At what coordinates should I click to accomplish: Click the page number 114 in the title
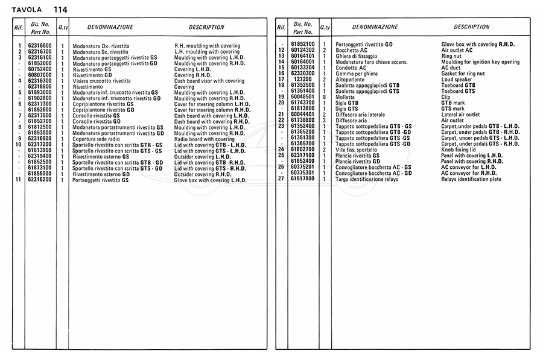(x=60, y=10)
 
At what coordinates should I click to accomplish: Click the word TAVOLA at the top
(x=27, y=10)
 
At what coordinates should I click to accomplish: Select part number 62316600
(x=40, y=46)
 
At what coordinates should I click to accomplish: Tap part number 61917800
(x=303, y=179)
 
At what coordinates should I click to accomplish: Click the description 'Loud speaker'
(x=456, y=80)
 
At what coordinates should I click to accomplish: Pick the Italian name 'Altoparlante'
(x=350, y=80)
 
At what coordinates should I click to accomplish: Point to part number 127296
(x=303, y=79)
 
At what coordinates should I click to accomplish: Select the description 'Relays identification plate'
(x=471, y=179)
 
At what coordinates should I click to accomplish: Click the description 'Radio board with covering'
(x=205, y=139)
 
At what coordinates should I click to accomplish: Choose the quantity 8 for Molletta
(x=324, y=97)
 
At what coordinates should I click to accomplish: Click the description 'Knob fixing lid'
(x=459, y=150)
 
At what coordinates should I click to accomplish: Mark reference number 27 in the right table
(x=281, y=179)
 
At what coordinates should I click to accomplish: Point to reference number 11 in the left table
(x=19, y=180)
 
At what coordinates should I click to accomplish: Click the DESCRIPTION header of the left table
(x=206, y=27)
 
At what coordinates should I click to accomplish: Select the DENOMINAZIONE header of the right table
(x=375, y=27)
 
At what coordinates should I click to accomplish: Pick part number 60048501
(x=303, y=97)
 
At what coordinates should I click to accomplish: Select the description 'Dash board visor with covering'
(x=209, y=81)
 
